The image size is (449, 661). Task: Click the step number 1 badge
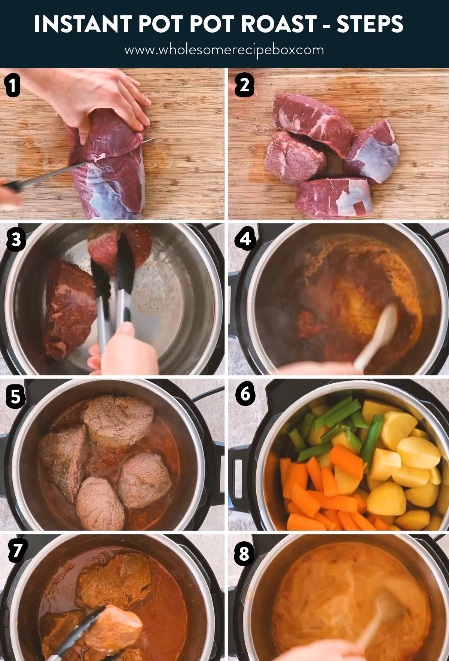point(12,85)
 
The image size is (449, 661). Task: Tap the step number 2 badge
point(244,85)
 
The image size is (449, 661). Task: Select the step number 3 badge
point(16,240)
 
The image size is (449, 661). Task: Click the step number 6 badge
point(245,394)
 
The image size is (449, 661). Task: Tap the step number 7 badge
point(17,551)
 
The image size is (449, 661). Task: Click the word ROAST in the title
point(279,24)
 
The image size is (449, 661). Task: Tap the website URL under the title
point(224,50)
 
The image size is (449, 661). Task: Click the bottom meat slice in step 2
point(333,198)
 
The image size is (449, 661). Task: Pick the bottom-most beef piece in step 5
point(100,504)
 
